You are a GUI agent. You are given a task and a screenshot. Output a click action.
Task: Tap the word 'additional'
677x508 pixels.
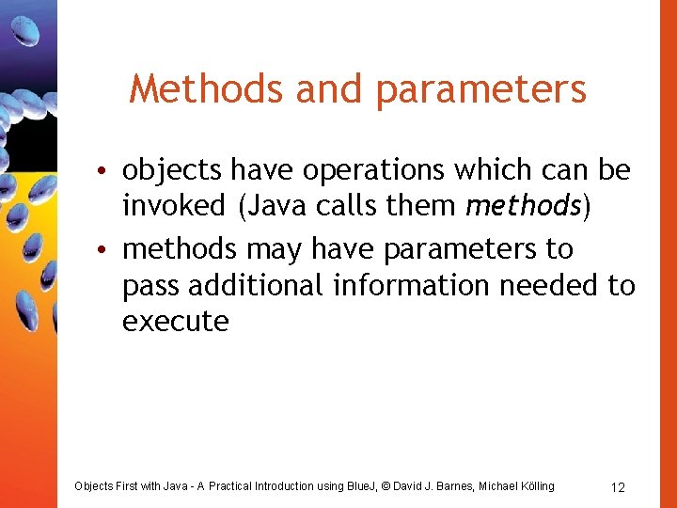pos(254,285)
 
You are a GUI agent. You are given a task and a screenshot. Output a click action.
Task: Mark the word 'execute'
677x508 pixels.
pos(176,321)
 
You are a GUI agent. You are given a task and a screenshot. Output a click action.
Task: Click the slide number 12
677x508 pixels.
pos(618,487)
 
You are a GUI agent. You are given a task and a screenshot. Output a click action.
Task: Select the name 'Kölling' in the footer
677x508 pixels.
pos(533,486)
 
